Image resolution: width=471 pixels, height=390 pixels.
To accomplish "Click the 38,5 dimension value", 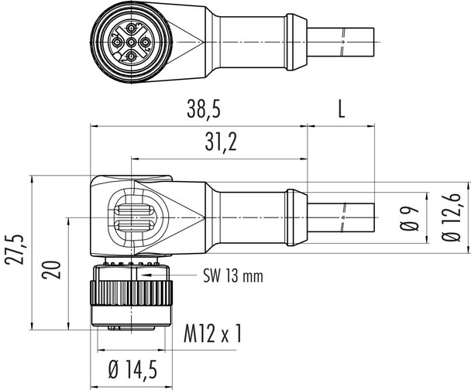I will pos(199,110).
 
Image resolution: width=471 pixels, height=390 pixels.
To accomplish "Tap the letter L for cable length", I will pos(341,110).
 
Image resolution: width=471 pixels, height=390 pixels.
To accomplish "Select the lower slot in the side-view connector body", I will pos(133,227).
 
